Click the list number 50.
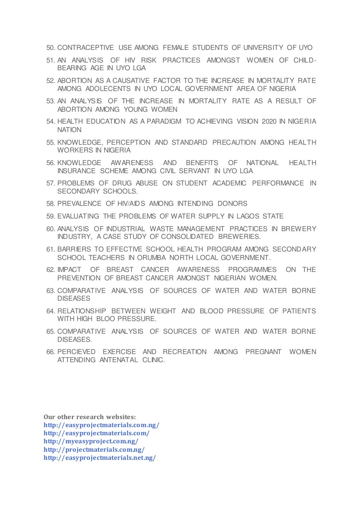[x=51, y=48]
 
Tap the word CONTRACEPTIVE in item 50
[x=85, y=48]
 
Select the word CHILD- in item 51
[x=305, y=60]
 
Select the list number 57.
[x=51, y=183]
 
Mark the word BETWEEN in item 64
[x=128, y=311]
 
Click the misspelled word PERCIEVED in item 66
[x=76, y=352]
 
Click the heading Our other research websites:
[x=90, y=417]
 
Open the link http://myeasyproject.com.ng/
[x=91, y=442]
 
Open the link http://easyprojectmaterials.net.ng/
[x=99, y=458]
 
